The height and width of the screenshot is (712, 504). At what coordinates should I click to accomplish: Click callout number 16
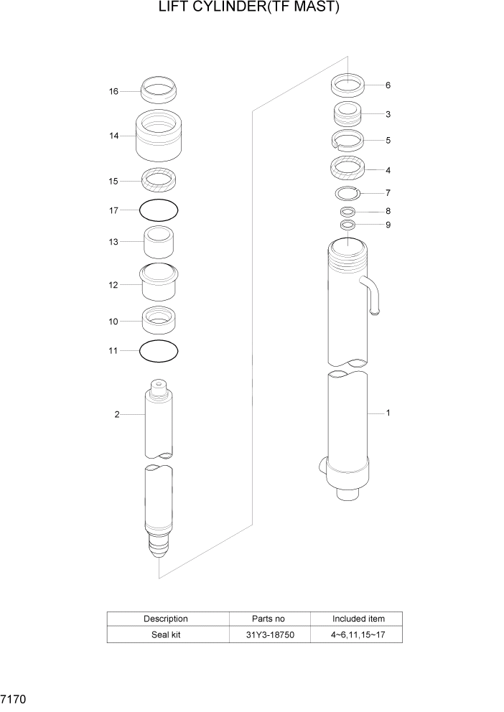pos(113,92)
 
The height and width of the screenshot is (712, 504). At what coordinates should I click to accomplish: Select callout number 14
pos(113,136)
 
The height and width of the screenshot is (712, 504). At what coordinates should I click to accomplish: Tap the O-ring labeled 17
pos(159,210)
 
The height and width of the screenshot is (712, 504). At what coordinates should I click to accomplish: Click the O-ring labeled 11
pos(159,351)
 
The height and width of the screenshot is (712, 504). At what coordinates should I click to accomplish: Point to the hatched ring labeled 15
pos(159,178)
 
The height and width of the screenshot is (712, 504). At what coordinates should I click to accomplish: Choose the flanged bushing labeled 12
pos(159,284)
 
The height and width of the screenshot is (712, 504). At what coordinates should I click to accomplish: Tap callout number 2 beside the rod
pos(117,414)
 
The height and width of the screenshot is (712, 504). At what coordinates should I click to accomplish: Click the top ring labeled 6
pos(348,85)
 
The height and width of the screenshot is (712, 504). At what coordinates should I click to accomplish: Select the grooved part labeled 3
pos(347,114)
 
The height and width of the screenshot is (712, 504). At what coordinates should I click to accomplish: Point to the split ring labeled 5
pos(347,140)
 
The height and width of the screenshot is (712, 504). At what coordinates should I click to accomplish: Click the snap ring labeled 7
pos(347,192)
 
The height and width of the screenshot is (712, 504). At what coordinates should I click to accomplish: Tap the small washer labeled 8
pos(347,212)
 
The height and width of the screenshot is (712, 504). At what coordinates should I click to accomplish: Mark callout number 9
pos(388,225)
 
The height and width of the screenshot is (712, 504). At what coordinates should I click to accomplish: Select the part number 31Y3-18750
pos(269,634)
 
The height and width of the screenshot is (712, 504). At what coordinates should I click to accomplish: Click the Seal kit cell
pos(166,634)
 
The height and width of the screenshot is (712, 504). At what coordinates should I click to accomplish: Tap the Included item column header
pos(358,619)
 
